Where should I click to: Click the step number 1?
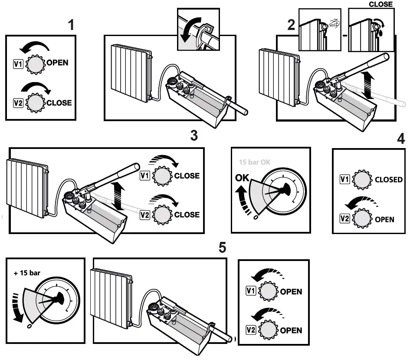click(x=71, y=25)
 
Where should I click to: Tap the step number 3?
click(x=194, y=135)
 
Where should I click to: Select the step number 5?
click(x=222, y=248)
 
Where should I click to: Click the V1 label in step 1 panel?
click(x=18, y=64)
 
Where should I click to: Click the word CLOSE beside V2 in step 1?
click(x=59, y=103)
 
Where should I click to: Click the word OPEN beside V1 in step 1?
click(x=57, y=63)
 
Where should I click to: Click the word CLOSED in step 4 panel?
click(x=389, y=180)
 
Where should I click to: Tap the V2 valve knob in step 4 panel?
click(x=362, y=219)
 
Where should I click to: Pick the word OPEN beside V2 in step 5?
click(x=291, y=330)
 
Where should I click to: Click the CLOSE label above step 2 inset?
click(x=380, y=4)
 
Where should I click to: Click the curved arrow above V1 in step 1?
click(x=36, y=46)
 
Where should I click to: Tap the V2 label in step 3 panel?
click(x=145, y=215)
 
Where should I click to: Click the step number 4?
click(x=401, y=139)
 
